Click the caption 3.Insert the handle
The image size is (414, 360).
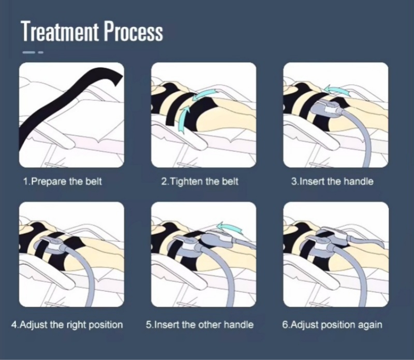(x=332, y=182)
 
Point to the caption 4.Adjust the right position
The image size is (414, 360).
(x=67, y=325)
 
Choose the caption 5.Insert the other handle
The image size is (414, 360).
(x=200, y=325)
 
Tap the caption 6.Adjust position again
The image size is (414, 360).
(x=332, y=325)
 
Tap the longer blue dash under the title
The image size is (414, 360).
(x=28, y=52)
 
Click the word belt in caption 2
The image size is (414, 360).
(x=230, y=182)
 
